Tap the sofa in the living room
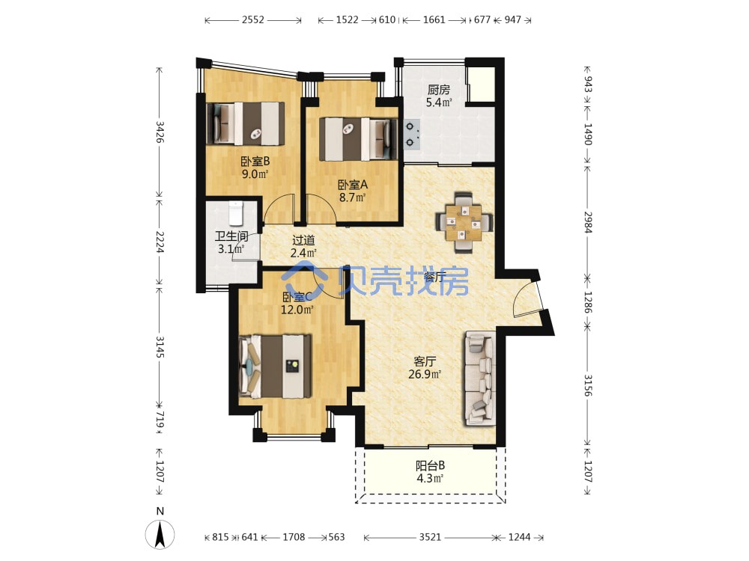[479, 378]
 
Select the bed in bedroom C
[275, 367]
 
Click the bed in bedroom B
[246, 123]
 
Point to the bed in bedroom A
[358, 139]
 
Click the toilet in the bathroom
[236, 213]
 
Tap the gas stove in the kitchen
[412, 134]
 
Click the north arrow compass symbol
[160, 533]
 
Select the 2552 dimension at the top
[252, 20]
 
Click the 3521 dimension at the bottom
[430, 537]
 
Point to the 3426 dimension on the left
[160, 132]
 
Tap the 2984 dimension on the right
[587, 222]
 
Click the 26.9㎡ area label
[424, 374]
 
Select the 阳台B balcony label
[430, 465]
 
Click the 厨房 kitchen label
[438, 89]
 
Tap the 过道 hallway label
[303, 240]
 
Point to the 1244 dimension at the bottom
[519, 537]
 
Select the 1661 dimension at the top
[434, 20]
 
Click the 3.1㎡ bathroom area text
[231, 248]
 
